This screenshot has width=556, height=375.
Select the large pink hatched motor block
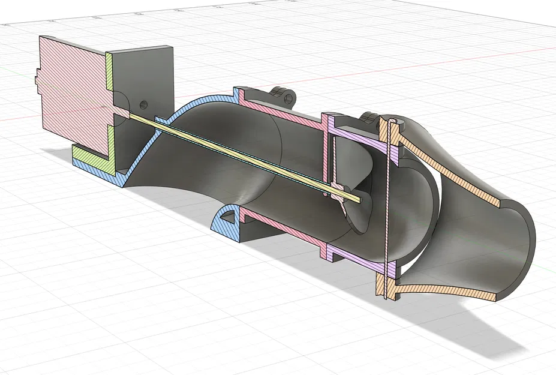72,84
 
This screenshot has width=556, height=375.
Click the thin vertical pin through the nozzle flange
390,198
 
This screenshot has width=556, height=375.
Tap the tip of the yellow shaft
358,198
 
